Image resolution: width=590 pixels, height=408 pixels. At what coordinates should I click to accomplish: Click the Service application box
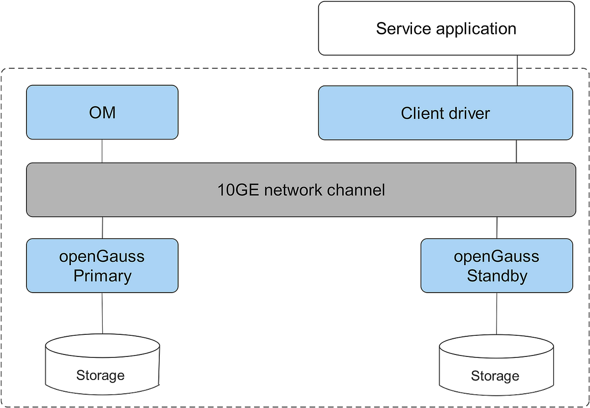pos(446,28)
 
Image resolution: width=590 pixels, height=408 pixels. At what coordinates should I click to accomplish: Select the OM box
pos(102,112)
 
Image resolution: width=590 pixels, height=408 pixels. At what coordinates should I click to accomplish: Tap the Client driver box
pos(445,113)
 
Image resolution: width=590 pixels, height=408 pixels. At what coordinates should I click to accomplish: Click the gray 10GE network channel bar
pos(301,190)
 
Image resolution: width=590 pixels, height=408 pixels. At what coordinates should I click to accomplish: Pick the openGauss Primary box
pos(102,266)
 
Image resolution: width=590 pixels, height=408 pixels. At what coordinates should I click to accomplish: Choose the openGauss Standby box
pos(497,266)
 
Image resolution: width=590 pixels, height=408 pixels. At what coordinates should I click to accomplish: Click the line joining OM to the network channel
pos(102,151)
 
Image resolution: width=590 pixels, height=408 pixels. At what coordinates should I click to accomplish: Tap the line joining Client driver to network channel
pos(517,151)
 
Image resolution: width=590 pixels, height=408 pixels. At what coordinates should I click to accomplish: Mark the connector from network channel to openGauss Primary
pos(102,227)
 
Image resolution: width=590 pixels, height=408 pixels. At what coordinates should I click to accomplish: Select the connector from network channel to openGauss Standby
pos(496,227)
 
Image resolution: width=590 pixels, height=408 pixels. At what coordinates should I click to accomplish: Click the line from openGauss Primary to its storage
pos(102,314)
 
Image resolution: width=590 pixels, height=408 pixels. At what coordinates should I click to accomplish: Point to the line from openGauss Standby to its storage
pos(496,314)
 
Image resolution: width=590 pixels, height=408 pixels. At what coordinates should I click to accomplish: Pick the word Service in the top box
pos(403,28)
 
